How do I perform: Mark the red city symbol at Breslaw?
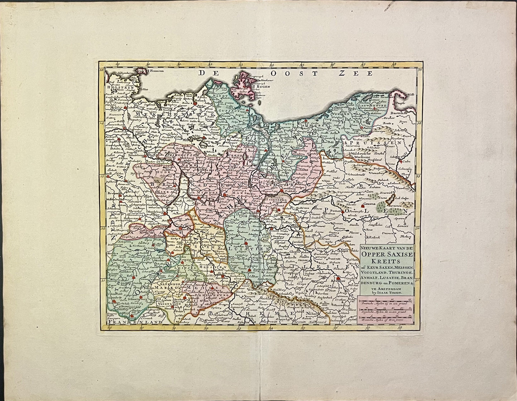[x=338, y=277]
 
